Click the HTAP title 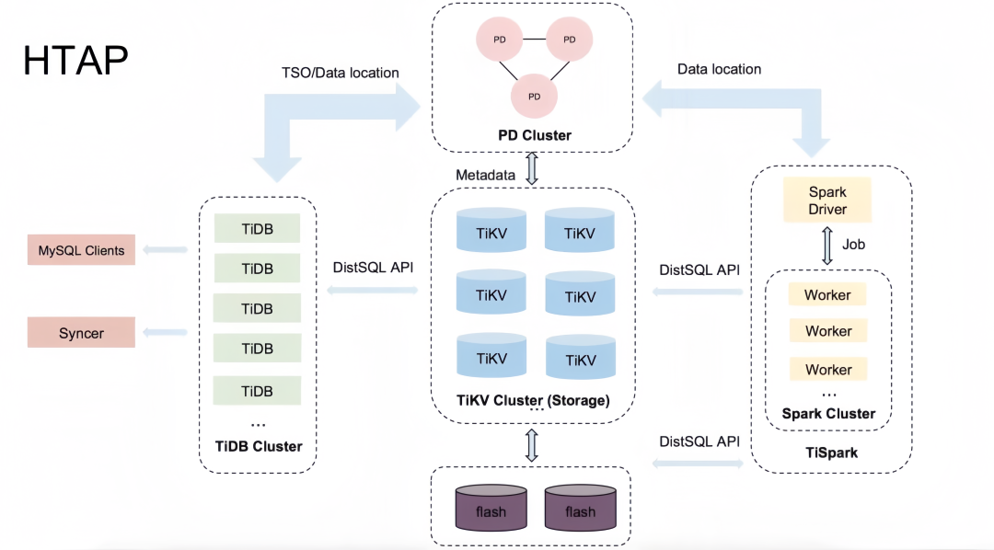[x=75, y=60]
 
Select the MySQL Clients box [x=81, y=249]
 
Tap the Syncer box [x=81, y=333]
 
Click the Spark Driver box [x=827, y=201]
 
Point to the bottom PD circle [x=535, y=97]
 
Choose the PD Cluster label [x=535, y=135]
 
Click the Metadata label [x=486, y=175]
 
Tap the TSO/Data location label [x=341, y=73]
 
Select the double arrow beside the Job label [x=827, y=246]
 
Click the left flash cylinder [x=491, y=508]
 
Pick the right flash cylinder [x=580, y=508]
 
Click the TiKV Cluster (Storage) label [x=533, y=400]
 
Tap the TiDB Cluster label [x=259, y=446]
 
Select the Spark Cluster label [x=828, y=414]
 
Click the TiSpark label [x=832, y=453]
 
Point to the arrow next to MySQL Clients [x=165, y=249]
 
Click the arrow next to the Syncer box [x=165, y=332]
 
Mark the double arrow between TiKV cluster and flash [x=532, y=445]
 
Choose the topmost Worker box [x=827, y=294]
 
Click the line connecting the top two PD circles [x=535, y=40]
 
